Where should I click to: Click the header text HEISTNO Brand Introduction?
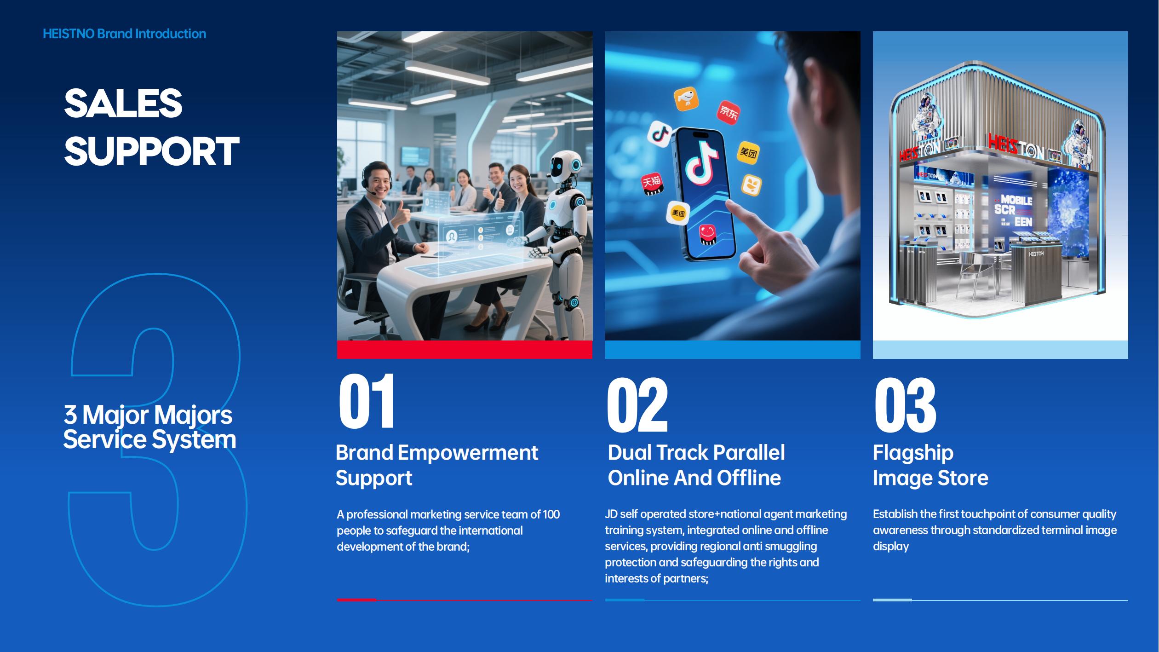tap(124, 34)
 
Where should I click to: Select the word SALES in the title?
tap(123, 103)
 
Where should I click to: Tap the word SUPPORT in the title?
tap(151, 151)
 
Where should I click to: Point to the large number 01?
tap(367, 401)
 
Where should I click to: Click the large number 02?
tap(637, 405)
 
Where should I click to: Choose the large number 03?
tap(905, 405)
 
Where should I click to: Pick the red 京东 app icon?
tap(729, 112)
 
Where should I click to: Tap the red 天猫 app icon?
tap(652, 184)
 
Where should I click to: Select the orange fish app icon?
tap(686, 99)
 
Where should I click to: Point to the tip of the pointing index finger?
tap(728, 202)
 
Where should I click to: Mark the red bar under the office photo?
tap(465, 349)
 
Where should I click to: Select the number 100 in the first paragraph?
tap(551, 514)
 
